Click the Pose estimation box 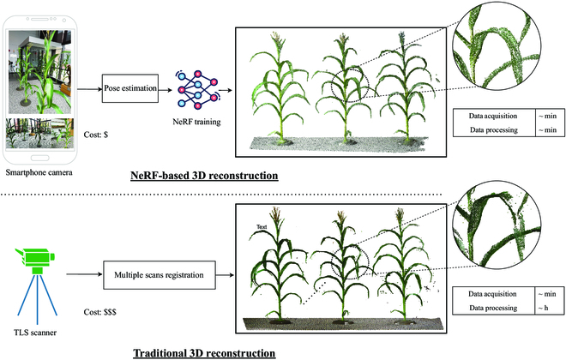pos(129,87)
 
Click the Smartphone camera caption pos(40,172)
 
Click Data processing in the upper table pos(489,129)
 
